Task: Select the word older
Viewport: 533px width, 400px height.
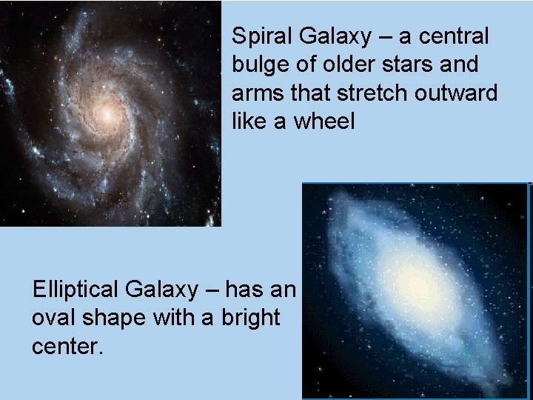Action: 340,64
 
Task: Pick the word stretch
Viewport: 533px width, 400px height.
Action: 364,93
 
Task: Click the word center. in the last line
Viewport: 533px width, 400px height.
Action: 66,346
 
